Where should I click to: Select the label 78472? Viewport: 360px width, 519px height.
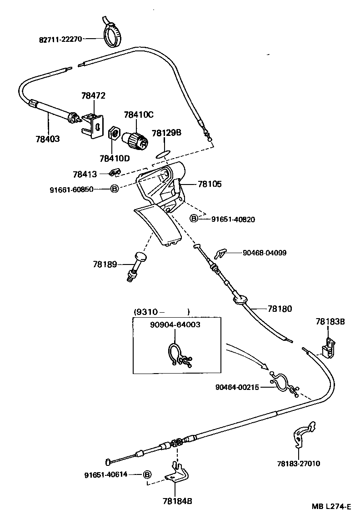click(93, 96)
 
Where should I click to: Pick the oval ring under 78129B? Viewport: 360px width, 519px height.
click(161, 155)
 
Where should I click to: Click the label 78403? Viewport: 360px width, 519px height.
click(47, 138)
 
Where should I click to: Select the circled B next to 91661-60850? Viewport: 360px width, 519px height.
click(115, 189)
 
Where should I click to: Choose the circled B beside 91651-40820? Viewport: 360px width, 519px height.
click(194, 219)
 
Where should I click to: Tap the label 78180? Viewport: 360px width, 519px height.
click(280, 309)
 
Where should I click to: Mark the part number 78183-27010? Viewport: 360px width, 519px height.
click(298, 464)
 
